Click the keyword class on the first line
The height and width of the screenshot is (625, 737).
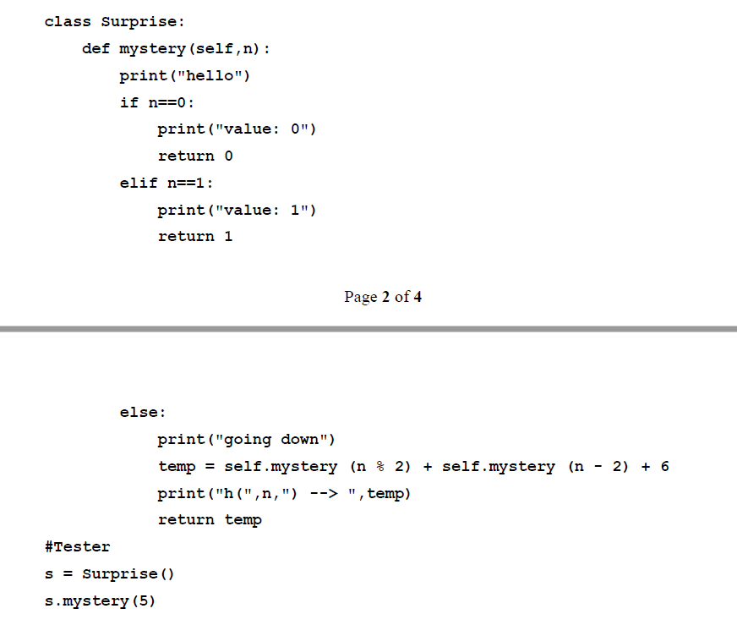click(x=67, y=21)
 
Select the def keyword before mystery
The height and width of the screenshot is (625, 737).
click(x=96, y=48)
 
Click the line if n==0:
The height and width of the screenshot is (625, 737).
click(x=157, y=102)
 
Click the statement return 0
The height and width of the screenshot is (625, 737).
click(x=195, y=156)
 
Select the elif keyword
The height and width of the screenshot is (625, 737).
click(x=138, y=183)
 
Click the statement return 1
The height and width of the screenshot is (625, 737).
click(x=195, y=236)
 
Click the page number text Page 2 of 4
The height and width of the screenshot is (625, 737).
click(x=383, y=296)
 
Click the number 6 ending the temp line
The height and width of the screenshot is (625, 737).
click(x=664, y=466)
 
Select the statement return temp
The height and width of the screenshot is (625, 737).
click(x=210, y=519)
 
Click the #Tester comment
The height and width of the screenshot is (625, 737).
click(x=77, y=546)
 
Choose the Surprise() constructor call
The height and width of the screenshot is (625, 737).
click(x=128, y=573)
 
